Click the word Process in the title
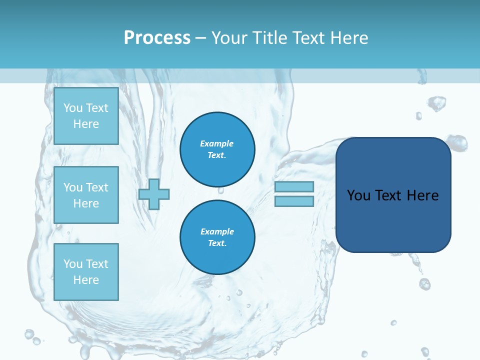click(157, 37)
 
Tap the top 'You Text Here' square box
click(86, 116)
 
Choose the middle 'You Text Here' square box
click(86, 195)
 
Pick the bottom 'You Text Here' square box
click(86, 272)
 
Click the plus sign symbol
click(154, 194)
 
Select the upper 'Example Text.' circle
click(217, 149)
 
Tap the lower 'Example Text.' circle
click(217, 237)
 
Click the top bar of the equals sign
click(294, 187)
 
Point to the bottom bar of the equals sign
click(294, 201)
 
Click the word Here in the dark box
click(422, 195)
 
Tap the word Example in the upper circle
click(217, 143)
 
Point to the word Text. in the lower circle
click(217, 243)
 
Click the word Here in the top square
click(86, 124)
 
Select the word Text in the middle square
click(97, 187)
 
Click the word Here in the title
click(348, 37)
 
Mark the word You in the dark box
click(358, 195)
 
